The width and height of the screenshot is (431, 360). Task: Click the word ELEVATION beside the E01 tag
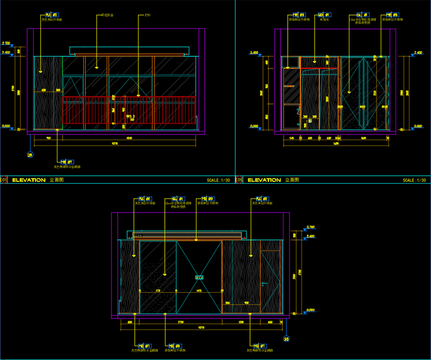(29, 180)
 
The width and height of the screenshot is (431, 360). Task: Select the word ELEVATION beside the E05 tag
(264, 180)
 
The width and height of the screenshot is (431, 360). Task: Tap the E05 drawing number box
(239, 180)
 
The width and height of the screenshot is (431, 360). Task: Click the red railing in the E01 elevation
(129, 111)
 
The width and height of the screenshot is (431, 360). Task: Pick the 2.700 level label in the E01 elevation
(7, 43)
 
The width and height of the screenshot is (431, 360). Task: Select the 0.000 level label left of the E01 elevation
(7, 126)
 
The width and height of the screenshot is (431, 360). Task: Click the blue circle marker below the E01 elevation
(30, 155)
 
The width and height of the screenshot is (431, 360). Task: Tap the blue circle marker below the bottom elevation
(287, 340)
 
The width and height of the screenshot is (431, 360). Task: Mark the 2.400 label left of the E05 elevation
(254, 53)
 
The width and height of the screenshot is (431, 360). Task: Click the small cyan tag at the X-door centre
(200, 277)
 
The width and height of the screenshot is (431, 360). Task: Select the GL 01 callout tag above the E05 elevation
(361, 14)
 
